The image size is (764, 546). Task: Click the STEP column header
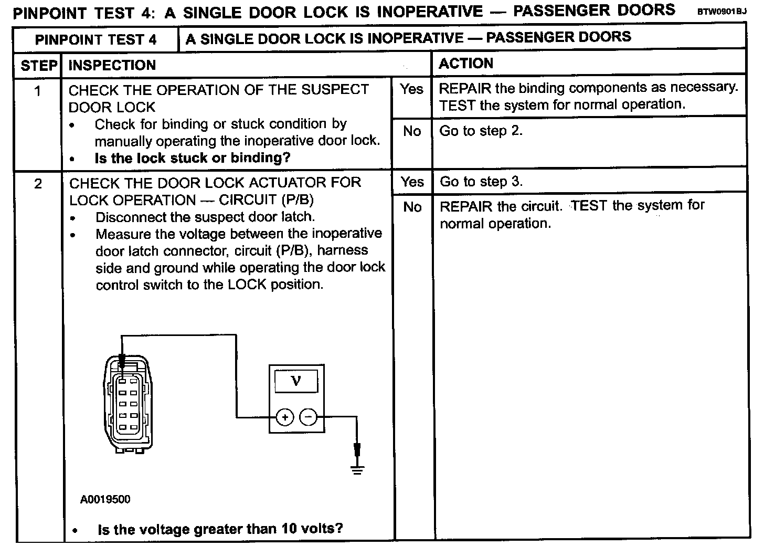click(38, 66)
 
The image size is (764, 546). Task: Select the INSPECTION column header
click(112, 66)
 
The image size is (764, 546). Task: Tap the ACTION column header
click(466, 64)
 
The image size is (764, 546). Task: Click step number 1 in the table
click(38, 91)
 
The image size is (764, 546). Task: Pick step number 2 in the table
click(38, 184)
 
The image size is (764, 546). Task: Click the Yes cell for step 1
click(411, 89)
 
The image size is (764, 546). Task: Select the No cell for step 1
click(412, 131)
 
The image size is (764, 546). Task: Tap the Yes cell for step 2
click(412, 182)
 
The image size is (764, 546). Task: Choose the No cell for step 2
click(412, 207)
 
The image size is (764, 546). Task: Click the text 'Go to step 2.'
click(481, 131)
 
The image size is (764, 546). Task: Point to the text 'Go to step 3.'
click(481, 182)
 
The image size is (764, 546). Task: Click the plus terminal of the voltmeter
click(284, 417)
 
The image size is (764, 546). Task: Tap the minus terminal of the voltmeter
click(309, 417)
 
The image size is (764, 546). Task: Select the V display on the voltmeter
click(295, 381)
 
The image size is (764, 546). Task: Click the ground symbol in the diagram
click(357, 469)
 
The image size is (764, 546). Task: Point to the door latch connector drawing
click(128, 403)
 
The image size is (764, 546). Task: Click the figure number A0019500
click(105, 499)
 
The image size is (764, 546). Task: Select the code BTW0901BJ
click(720, 11)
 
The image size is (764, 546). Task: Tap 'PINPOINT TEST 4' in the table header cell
click(95, 40)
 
